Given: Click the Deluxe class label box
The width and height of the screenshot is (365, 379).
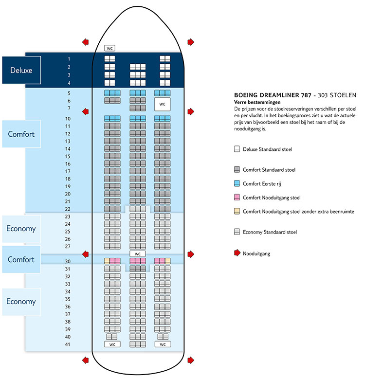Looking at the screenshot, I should (x=21, y=70).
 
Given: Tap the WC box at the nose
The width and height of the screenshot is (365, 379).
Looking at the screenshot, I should (x=109, y=49).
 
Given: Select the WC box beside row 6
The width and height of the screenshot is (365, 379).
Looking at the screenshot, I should (x=163, y=104).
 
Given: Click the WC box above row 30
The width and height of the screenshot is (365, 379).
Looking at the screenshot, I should (x=138, y=253).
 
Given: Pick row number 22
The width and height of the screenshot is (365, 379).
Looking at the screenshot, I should (x=68, y=209).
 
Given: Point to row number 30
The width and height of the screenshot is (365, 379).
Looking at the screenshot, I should (x=68, y=261).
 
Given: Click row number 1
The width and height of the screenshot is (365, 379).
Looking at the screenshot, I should (x=69, y=59).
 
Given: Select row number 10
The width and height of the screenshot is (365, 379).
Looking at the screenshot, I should (x=69, y=119).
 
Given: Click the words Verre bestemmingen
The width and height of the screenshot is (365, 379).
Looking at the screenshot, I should (x=257, y=103).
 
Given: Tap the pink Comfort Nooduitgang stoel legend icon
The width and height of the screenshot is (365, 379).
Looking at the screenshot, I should (x=237, y=198).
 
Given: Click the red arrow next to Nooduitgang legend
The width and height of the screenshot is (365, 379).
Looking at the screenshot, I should (x=237, y=253).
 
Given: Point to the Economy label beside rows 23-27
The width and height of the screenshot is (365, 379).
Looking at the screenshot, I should (x=21, y=229).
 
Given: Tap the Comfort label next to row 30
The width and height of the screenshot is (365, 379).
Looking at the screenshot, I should (x=21, y=259).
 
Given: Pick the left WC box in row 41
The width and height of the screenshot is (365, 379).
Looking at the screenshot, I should (x=112, y=344).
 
